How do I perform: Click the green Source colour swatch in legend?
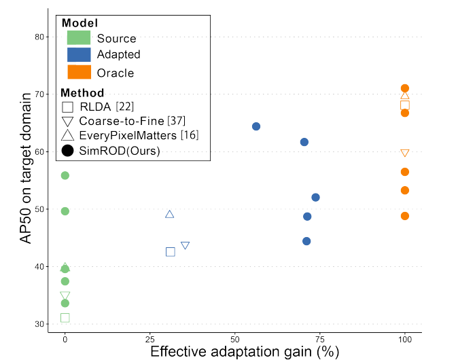pos(79,38)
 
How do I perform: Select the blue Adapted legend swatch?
pos(79,55)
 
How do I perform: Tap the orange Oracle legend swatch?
pos(79,72)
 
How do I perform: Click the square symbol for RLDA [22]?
pos(67,107)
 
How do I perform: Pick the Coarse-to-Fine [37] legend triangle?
pos(67,122)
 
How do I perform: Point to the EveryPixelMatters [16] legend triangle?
pos(67,136)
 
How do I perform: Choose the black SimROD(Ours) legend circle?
pos(67,151)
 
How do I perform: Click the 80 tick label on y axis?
pos(39,37)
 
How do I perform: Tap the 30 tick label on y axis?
pos(39,324)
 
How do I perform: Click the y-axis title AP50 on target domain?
pos(25,179)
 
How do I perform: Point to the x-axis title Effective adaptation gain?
pos(244,351)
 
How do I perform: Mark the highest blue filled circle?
pos(256,126)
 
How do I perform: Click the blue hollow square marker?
pos(171,252)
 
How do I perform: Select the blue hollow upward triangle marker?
pos(170,214)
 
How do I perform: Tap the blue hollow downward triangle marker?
pos(185,245)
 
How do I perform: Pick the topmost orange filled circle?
pos(405,88)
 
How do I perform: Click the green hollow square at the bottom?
pos(65,318)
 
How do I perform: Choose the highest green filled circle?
pos(65,175)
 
